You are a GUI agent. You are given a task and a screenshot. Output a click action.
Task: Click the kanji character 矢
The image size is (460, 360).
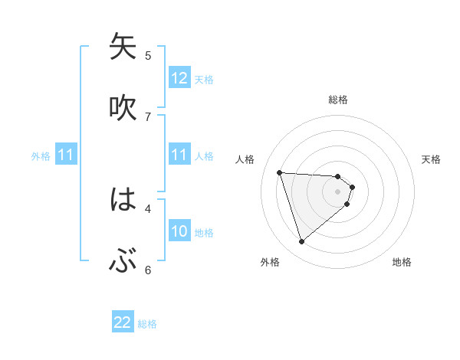pyautogui.click(x=123, y=47)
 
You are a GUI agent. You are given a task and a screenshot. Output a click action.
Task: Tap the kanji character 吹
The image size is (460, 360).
pyautogui.click(x=123, y=108)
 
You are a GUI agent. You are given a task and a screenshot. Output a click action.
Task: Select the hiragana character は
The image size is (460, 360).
pyautogui.click(x=123, y=201)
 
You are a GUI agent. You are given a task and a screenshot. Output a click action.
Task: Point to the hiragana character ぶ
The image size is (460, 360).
pyautogui.click(x=123, y=263)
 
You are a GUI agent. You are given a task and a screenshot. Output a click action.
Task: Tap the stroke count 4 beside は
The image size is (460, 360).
pyautogui.click(x=148, y=208)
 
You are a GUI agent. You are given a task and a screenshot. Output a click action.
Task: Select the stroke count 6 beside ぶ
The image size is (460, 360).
pyautogui.click(x=148, y=270)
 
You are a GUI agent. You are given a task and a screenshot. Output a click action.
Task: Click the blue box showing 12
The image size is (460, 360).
pyautogui.click(x=179, y=77)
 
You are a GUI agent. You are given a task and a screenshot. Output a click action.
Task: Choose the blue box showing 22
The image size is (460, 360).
pyautogui.click(x=123, y=322)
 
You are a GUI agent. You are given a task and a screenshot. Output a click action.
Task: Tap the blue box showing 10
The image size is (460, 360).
pyautogui.click(x=179, y=231)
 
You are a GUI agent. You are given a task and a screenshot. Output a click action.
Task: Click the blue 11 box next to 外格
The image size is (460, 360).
pyautogui.click(x=66, y=155)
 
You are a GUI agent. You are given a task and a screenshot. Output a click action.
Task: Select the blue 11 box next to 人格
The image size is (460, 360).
pyautogui.click(x=179, y=155)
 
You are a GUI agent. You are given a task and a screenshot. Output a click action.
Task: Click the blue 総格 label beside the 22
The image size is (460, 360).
pyautogui.click(x=147, y=324)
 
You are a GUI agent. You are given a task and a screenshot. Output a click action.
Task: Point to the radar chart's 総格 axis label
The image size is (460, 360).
pyautogui.click(x=338, y=100)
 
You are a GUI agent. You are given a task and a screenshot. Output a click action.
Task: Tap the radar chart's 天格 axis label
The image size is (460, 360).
pyautogui.click(x=432, y=159)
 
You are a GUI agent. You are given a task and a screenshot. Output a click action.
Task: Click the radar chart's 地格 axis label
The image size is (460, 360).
pyautogui.click(x=402, y=262)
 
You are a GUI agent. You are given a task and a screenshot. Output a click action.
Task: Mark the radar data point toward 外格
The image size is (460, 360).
pyautogui.click(x=301, y=242)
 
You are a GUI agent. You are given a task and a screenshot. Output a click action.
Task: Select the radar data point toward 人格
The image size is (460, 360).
pyautogui.click(x=279, y=172)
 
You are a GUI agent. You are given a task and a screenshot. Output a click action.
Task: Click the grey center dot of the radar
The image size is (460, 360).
pyautogui.click(x=338, y=191)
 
